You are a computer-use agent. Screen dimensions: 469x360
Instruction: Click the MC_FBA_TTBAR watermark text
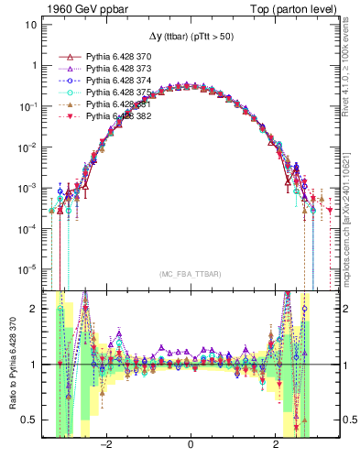click(190, 274)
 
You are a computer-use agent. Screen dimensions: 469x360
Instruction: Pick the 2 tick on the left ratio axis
click(34, 309)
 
